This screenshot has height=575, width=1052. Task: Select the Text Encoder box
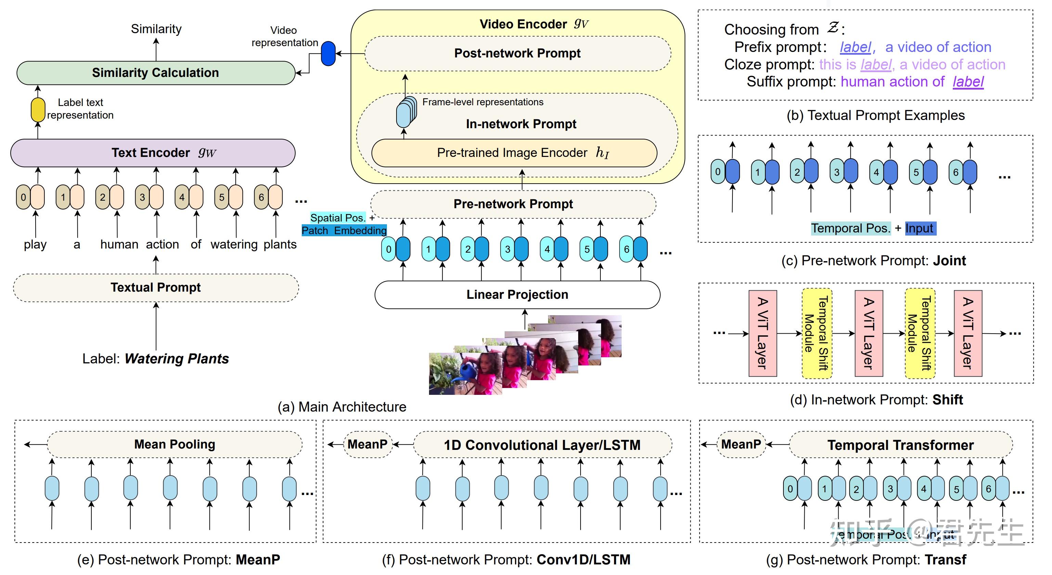tap(153, 152)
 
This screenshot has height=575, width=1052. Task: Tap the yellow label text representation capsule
tap(38, 110)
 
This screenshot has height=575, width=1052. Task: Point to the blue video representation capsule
tap(328, 53)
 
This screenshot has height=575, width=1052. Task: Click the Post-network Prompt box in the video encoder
tap(517, 53)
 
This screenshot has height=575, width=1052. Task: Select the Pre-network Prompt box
tap(513, 204)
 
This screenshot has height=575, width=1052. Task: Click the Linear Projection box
tap(517, 295)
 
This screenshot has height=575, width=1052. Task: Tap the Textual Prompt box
tap(156, 288)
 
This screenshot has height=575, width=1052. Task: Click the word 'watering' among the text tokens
tap(234, 244)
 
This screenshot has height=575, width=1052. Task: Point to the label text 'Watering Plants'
tap(177, 359)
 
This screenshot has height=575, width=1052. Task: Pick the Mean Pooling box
tap(175, 444)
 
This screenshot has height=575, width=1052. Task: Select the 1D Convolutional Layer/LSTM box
tap(542, 445)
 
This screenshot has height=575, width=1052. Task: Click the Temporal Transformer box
tap(900, 445)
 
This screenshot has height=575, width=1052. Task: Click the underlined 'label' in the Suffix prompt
tap(968, 82)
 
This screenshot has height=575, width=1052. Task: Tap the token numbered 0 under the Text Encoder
tap(23, 198)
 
